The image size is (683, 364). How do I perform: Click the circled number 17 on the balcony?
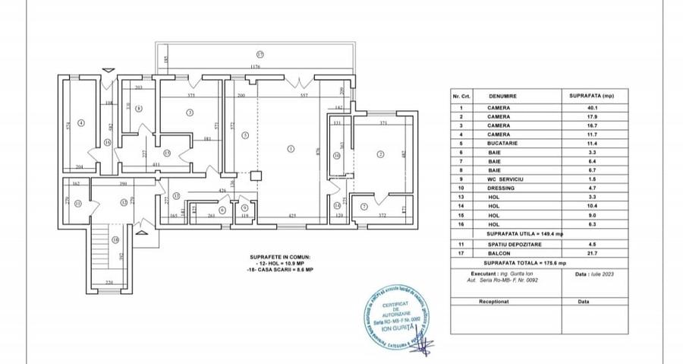tap(260, 55)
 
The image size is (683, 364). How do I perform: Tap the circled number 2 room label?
tap(380, 154)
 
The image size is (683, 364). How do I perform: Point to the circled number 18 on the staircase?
tap(115, 240)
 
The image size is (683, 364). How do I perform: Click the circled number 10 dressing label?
tap(337, 156)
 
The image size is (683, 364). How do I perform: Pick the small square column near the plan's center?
tap(256, 174)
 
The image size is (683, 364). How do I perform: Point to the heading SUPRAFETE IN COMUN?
tap(279, 258)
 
